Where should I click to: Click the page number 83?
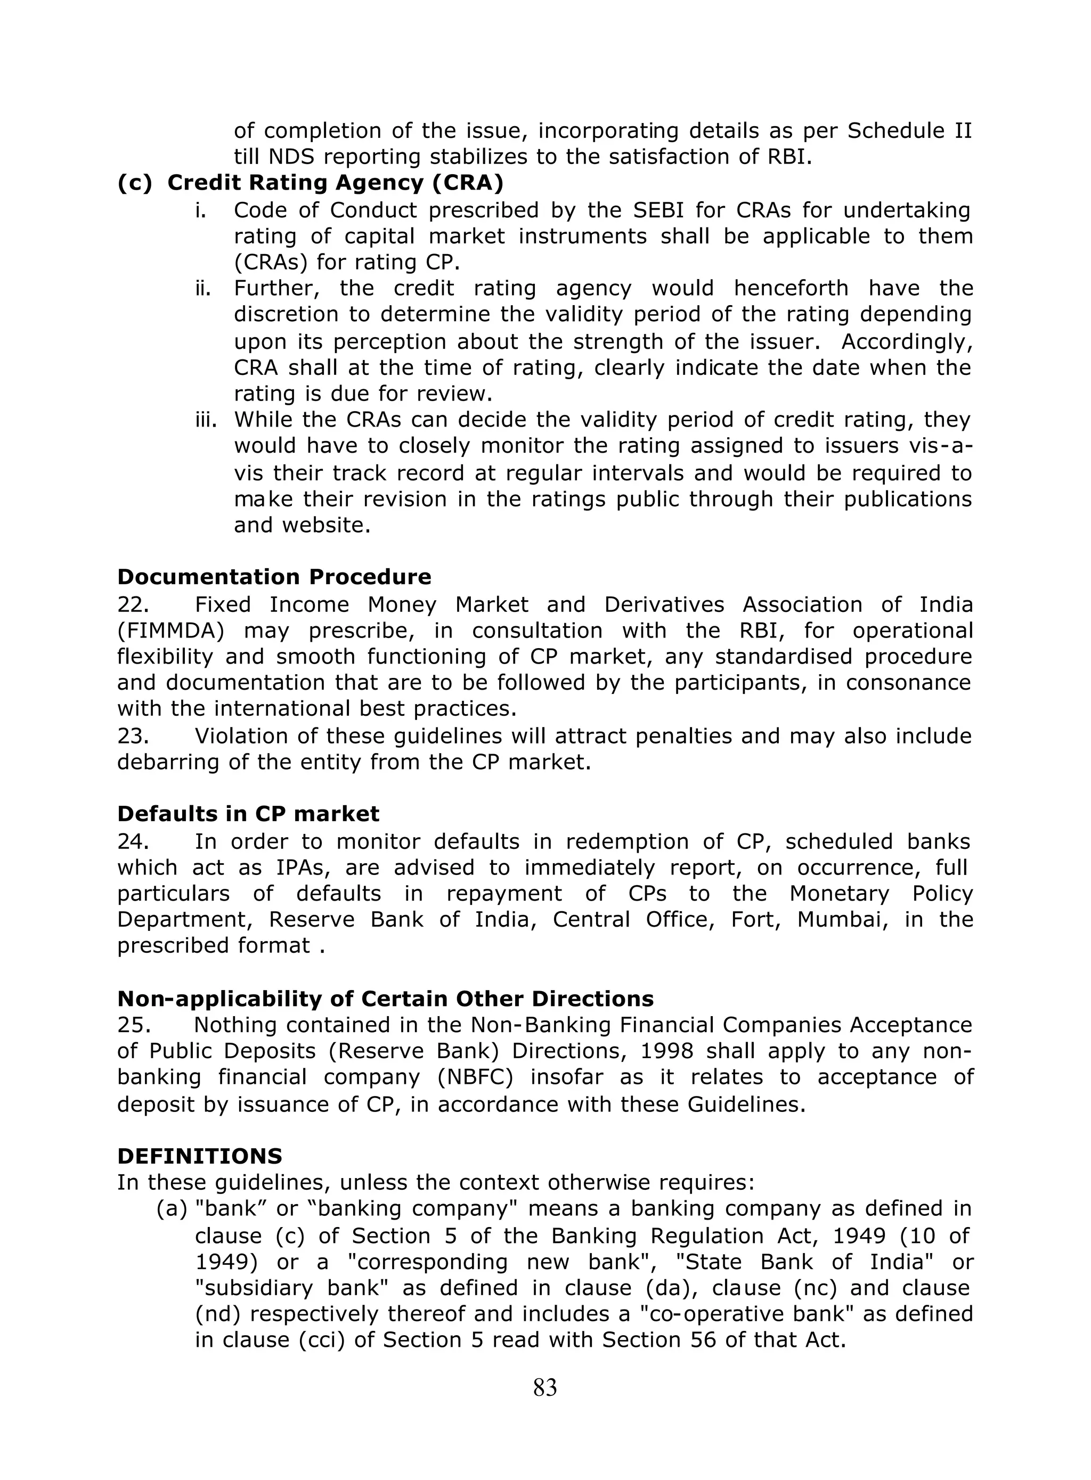coord(545,1388)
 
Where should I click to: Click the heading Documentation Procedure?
coord(274,577)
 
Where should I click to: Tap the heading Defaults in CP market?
coord(248,814)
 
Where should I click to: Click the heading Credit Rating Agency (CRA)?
coord(311,183)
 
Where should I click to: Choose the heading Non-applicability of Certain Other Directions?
coord(385,999)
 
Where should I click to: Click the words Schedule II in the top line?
coord(909,130)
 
